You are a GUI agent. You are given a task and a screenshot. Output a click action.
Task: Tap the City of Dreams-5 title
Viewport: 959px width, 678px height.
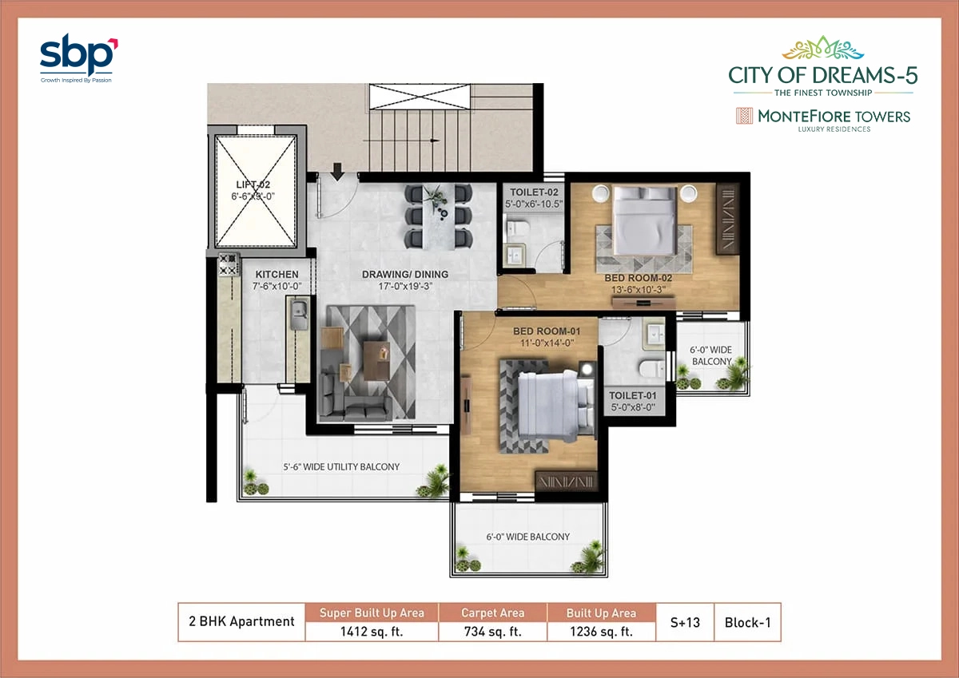[822, 76]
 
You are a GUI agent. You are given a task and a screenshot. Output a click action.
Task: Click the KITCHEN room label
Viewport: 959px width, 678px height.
[277, 275]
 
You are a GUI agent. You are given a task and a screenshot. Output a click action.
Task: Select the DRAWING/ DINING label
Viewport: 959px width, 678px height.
[405, 275]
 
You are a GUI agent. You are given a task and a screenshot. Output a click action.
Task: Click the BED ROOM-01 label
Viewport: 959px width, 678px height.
[546, 331]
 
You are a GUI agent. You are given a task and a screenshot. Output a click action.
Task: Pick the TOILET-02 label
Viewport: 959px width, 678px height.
[534, 192]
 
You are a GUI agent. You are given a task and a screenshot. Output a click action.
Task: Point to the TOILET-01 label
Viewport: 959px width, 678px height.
[633, 395]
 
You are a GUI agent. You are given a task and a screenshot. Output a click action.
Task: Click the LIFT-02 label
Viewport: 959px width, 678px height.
[253, 184]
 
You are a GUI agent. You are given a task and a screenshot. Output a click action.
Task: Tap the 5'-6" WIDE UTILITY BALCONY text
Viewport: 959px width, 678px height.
[341, 467]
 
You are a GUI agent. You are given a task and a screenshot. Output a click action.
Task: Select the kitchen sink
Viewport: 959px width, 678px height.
[299, 315]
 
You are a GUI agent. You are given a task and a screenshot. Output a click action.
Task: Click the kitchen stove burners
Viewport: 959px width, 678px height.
[229, 264]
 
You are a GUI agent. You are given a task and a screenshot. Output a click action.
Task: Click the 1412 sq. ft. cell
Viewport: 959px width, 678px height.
[372, 631]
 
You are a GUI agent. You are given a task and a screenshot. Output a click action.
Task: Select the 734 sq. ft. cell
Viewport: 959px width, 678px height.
[492, 631]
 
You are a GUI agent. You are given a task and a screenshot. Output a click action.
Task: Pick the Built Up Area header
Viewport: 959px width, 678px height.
[600, 613]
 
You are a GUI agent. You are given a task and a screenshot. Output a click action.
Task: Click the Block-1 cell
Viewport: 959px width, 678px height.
[747, 622]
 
